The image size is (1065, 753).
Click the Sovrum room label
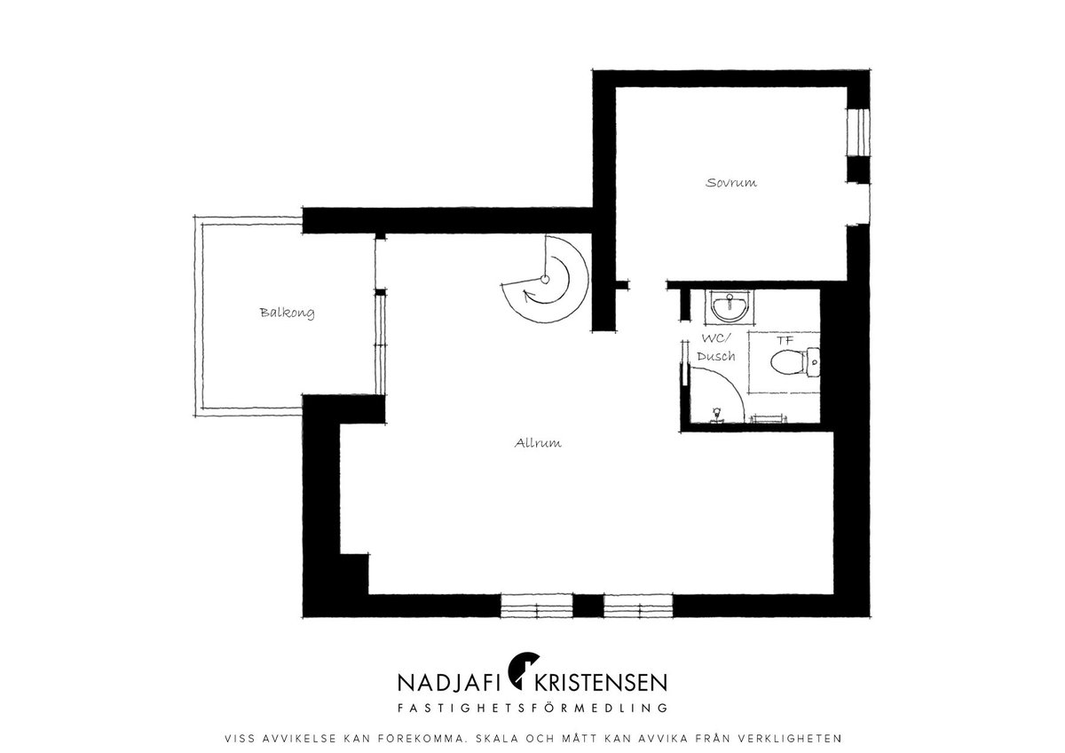click(x=730, y=183)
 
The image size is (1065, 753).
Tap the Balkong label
click(x=288, y=313)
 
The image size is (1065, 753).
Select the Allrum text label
click(x=538, y=443)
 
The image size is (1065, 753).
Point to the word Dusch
click(x=716, y=356)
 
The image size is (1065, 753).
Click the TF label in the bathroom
click(x=785, y=341)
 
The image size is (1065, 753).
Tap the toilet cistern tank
click(x=814, y=362)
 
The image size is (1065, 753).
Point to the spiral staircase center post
click(x=545, y=279)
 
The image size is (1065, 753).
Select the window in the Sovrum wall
click(x=859, y=132)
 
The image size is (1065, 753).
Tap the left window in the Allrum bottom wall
click(x=537, y=606)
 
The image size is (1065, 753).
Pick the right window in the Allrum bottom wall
click(x=638, y=606)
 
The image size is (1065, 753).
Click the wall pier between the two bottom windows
click(x=588, y=606)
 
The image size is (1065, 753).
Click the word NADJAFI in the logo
click(x=448, y=683)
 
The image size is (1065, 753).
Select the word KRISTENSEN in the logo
click(x=601, y=683)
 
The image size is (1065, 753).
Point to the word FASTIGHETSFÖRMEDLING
click(x=532, y=708)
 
